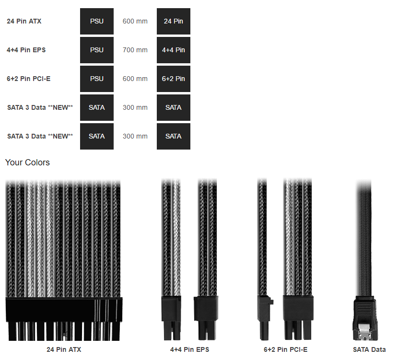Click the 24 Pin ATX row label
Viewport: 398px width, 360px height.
(x=24, y=21)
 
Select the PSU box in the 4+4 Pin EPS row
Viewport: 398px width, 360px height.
(x=97, y=50)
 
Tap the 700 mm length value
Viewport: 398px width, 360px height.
(x=135, y=50)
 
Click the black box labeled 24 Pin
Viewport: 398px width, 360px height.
(x=174, y=21)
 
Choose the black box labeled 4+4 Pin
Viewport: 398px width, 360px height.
(x=174, y=50)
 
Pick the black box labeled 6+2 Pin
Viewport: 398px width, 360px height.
(x=174, y=79)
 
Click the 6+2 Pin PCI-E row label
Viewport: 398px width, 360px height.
(x=29, y=79)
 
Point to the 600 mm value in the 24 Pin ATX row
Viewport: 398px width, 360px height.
(x=135, y=21)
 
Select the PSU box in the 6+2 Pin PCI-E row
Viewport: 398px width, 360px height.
(x=97, y=79)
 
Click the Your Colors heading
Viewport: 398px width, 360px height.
(x=27, y=163)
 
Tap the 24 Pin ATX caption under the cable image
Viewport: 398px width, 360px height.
(x=64, y=349)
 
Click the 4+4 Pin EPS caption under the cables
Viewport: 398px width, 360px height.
(x=189, y=349)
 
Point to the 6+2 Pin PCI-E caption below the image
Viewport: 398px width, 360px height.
(x=286, y=349)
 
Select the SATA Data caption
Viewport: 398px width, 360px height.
(x=369, y=349)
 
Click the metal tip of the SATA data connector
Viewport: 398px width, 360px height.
(x=365, y=332)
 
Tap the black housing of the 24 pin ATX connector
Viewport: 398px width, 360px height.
(x=64, y=310)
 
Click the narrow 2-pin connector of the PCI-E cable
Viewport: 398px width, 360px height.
(x=265, y=317)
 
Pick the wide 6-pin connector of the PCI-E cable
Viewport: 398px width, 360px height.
(x=298, y=317)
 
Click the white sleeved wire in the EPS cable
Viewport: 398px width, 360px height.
(x=177, y=237)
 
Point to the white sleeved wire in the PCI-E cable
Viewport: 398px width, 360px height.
(x=289, y=237)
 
